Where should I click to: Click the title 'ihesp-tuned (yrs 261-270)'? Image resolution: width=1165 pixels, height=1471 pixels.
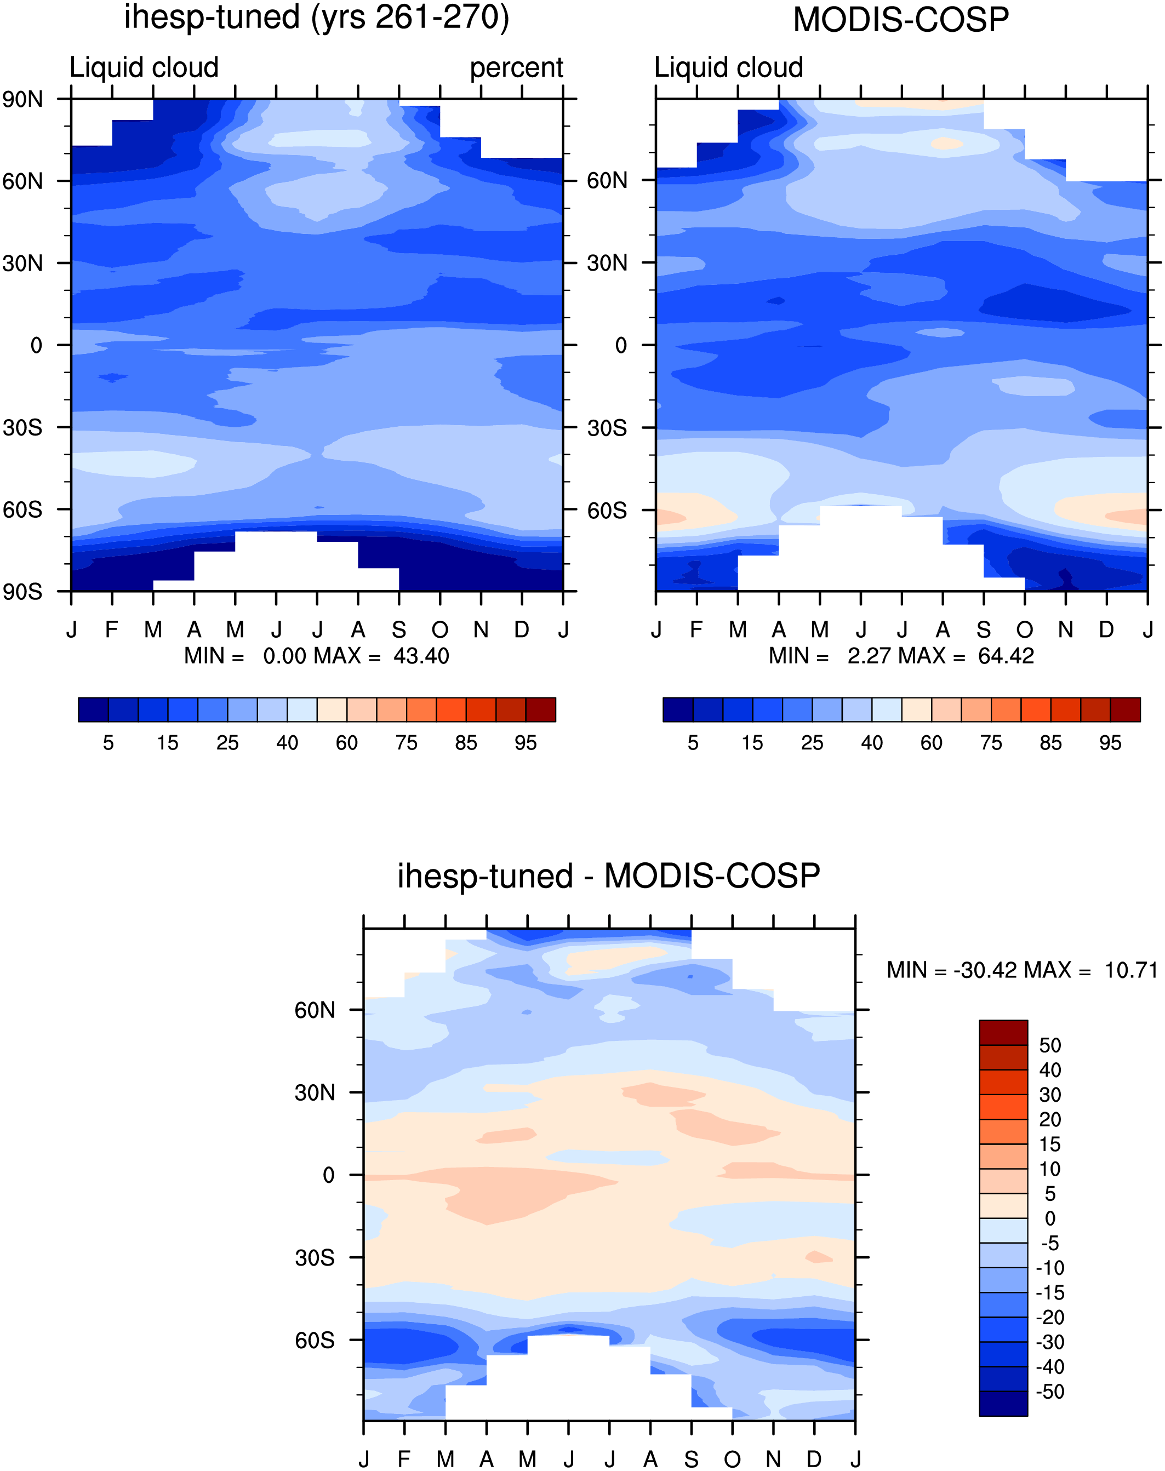[317, 18]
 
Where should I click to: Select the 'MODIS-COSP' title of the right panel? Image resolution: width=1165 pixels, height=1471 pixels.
[901, 20]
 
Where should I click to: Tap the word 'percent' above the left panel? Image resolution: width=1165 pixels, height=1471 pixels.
[516, 68]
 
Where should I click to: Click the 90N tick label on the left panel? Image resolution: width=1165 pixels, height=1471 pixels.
[22, 100]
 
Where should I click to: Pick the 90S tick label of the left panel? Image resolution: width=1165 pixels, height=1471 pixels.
[22, 591]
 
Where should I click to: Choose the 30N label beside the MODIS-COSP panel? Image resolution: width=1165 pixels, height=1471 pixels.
[607, 263]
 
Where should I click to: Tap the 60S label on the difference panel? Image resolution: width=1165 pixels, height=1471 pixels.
[315, 1340]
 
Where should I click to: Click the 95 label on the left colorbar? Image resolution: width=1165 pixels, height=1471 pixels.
[525, 743]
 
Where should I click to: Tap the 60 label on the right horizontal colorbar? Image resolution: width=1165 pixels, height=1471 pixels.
[931, 743]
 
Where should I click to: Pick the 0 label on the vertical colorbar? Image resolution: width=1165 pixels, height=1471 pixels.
[1050, 1218]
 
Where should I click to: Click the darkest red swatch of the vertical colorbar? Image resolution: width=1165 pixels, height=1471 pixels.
[1003, 1033]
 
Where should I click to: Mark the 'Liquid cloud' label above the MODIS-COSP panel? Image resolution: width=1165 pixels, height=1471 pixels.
[728, 67]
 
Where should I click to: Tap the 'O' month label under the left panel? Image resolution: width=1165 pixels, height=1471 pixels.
[440, 629]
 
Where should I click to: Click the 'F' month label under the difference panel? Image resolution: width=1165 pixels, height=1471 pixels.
[404, 1459]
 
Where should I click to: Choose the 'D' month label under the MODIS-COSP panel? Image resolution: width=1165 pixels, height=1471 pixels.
[1106, 629]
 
